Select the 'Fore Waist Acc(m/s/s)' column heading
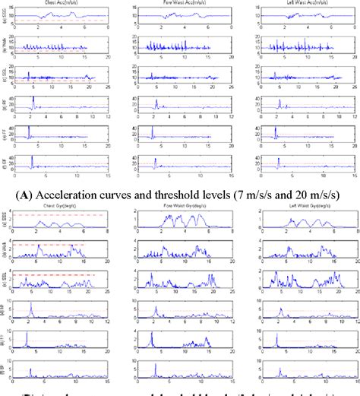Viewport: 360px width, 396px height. pos(184,3)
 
